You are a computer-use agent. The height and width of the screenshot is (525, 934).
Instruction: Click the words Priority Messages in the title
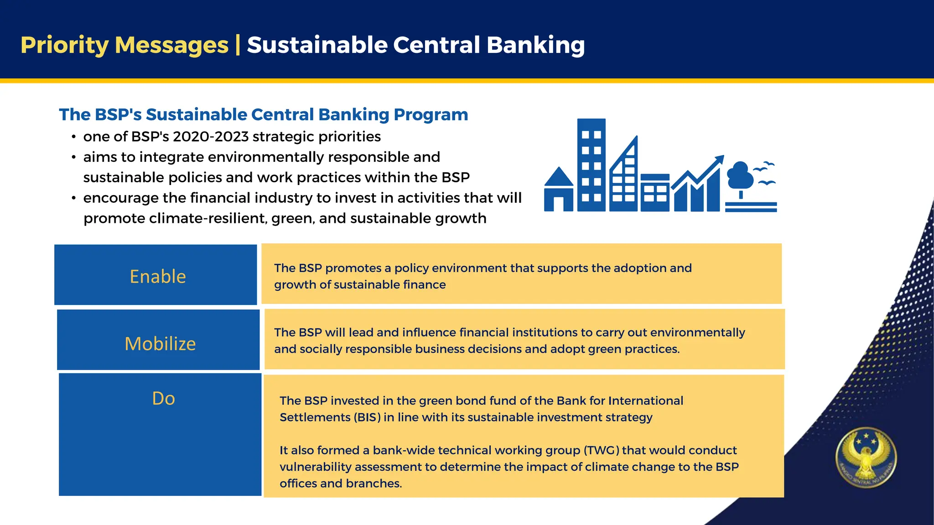tap(124, 45)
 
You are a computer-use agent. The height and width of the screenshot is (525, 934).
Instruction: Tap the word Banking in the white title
tap(535, 45)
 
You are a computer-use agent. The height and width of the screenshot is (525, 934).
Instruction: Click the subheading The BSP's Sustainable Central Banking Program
tap(263, 114)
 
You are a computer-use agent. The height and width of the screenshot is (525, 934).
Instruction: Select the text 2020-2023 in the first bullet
tap(211, 137)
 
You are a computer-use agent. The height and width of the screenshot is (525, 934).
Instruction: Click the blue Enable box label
tap(158, 277)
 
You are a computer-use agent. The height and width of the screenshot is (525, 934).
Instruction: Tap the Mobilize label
tap(160, 344)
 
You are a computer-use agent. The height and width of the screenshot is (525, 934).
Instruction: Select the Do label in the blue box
tap(163, 399)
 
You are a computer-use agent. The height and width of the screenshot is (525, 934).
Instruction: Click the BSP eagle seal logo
tap(866, 457)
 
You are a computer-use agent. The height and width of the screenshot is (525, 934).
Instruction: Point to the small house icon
tap(559, 190)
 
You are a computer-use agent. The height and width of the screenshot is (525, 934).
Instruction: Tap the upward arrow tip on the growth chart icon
tap(719, 159)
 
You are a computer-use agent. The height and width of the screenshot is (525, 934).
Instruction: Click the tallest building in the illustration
tap(591, 165)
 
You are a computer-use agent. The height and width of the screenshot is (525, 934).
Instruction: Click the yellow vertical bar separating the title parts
tap(238, 45)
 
